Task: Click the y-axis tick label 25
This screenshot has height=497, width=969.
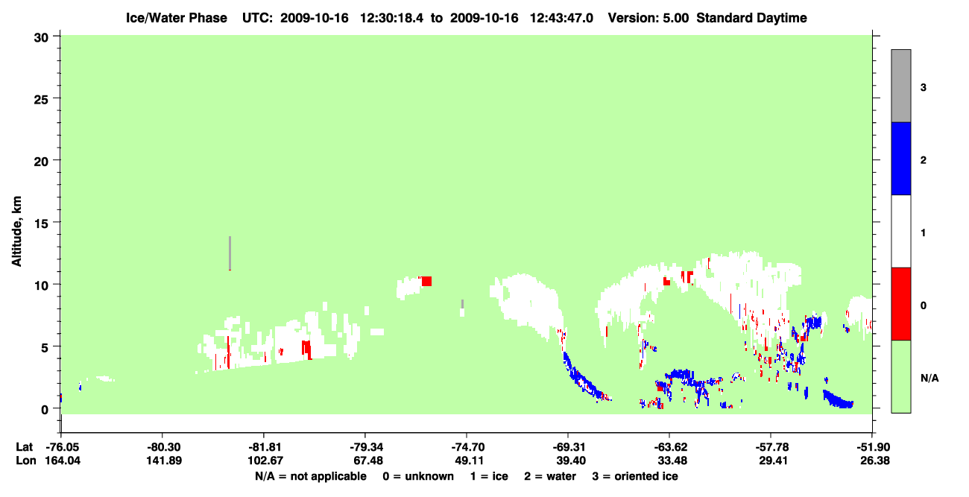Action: [x=41, y=99]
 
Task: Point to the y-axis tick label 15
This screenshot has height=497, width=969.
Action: [x=41, y=224]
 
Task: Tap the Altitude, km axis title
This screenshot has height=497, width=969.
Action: [x=16, y=231]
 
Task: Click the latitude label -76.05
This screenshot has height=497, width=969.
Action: [x=63, y=447]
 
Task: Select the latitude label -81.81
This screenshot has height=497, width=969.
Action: [x=265, y=447]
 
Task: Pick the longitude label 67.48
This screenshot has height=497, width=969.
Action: [x=366, y=460]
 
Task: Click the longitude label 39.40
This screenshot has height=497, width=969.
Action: [x=569, y=460]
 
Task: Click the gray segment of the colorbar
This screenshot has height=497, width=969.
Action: [x=900, y=86]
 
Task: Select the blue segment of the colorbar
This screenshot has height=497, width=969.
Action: [x=900, y=158]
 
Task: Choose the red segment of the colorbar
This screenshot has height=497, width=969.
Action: [x=900, y=304]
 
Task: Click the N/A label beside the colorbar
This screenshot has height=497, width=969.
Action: [x=929, y=379]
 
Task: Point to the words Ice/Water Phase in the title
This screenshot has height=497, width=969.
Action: [x=177, y=18]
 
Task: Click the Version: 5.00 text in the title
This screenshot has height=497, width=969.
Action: [x=648, y=18]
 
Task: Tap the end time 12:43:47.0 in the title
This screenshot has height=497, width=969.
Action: [x=561, y=18]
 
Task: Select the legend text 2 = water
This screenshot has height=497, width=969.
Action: [x=550, y=476]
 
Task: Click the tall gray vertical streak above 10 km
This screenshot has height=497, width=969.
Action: [x=230, y=253]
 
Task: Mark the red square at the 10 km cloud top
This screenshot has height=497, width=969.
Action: [x=426, y=281]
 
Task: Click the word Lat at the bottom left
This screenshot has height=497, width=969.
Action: [x=24, y=447]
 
